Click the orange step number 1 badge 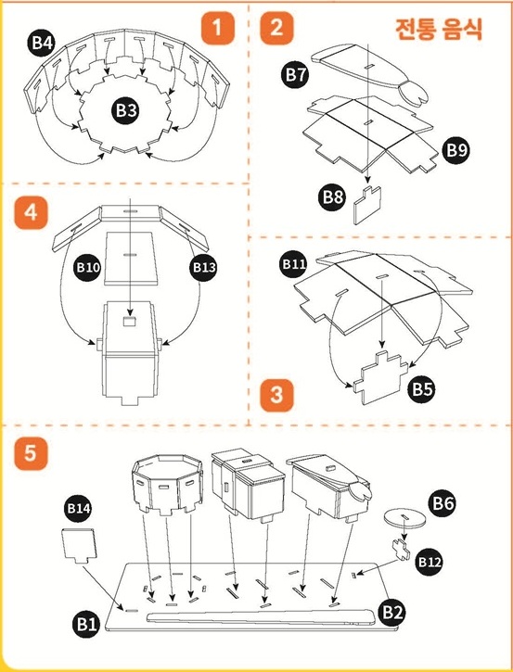tap(218, 28)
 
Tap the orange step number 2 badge tap(276, 28)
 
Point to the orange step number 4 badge tap(31, 212)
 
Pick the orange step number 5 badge tap(31, 453)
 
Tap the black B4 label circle tap(42, 43)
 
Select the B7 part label tap(296, 74)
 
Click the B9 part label tap(456, 150)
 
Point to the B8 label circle tap(333, 197)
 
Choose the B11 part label tap(294, 263)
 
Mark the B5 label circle tap(422, 389)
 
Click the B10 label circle tap(88, 268)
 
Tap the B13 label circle tap(203, 268)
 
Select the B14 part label tap(79, 508)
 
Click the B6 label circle tap(443, 502)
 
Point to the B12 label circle tap(430, 562)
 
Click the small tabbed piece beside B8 tap(367, 205)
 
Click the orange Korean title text tap(439, 29)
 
